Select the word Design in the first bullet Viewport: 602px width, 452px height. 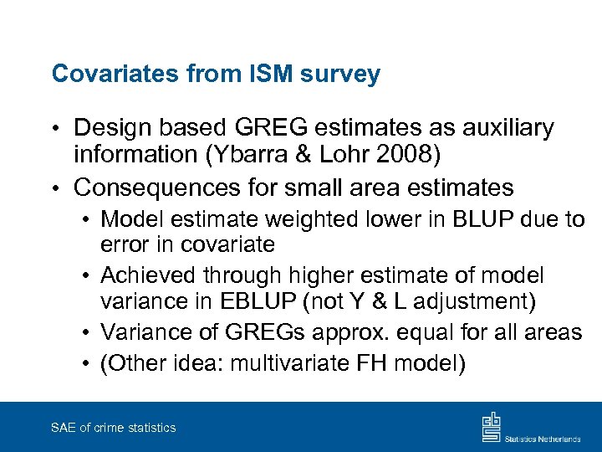coord(112,128)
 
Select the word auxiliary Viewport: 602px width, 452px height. coord(508,128)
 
